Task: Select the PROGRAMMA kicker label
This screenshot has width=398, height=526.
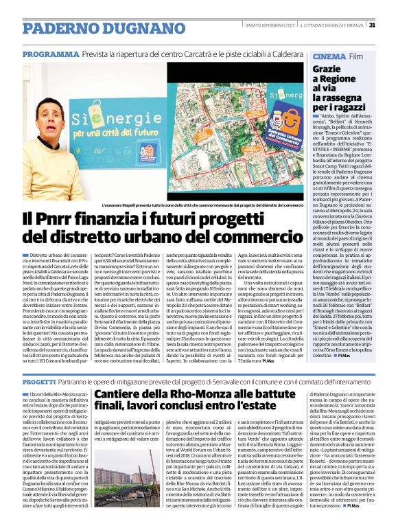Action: pyautogui.click(x=50, y=54)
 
